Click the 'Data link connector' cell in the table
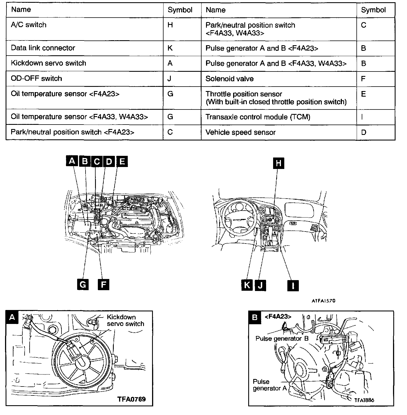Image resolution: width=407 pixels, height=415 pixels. pos(43,48)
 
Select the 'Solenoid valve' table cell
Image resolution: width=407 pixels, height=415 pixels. pos(229,79)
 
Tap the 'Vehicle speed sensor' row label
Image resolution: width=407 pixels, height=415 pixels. pos(240,132)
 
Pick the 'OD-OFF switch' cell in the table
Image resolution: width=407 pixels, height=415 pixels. pos(36,78)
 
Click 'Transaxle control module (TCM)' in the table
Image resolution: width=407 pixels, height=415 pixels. pos(258,117)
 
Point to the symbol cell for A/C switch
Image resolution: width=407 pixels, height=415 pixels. pos(170,25)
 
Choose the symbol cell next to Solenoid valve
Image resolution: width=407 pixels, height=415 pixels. pos(363,79)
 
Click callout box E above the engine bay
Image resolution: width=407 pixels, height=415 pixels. pos(122,161)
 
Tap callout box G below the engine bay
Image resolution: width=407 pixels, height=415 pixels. pos(83,285)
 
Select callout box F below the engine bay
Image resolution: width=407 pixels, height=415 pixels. pos(103,285)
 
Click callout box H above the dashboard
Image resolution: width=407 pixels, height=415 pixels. pos(278,163)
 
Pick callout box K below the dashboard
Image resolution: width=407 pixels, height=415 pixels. pos(247,285)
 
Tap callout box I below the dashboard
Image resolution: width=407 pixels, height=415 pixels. pos(293,285)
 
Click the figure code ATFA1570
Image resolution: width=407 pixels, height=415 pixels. pos(323,301)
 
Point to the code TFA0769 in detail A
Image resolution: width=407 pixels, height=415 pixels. pos(131,399)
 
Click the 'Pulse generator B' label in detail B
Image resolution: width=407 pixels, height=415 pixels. pos(282,339)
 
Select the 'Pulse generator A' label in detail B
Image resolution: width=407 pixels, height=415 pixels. pos(269,385)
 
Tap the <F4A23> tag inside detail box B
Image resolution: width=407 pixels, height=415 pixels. pos(278,316)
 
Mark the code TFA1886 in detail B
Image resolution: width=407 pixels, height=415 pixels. pos(364,400)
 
